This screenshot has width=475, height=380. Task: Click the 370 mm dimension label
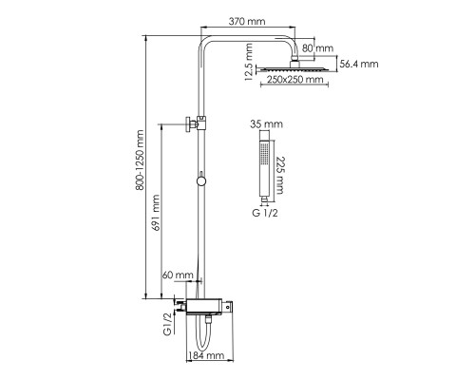pyautogui.click(x=247, y=22)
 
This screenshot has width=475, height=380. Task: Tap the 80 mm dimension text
pyautogui.click(x=317, y=48)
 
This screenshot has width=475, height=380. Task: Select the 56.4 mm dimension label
pyautogui.click(x=359, y=64)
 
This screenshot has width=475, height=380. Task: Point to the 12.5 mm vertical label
pyautogui.click(x=249, y=62)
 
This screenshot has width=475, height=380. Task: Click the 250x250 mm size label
pyautogui.click(x=295, y=79)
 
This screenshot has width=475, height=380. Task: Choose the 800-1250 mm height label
pyautogui.click(x=140, y=160)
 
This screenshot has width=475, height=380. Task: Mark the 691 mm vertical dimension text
pyautogui.click(x=156, y=213)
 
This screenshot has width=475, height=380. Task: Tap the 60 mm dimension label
pyautogui.click(x=178, y=275)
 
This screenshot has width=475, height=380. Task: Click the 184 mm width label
pyautogui.click(x=206, y=355)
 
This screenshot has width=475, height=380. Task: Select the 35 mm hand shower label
pyautogui.click(x=266, y=123)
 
